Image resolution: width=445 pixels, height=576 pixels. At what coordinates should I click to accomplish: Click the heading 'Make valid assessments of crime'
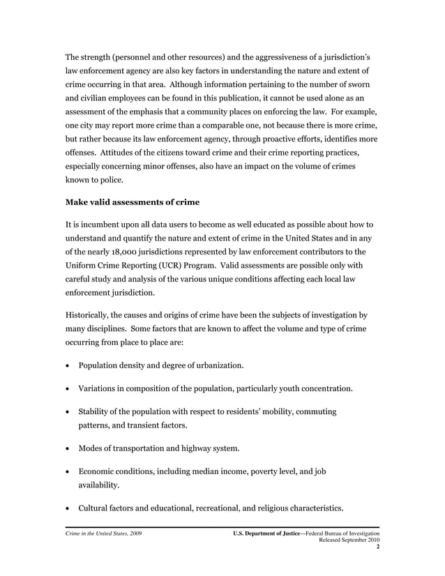(132, 202)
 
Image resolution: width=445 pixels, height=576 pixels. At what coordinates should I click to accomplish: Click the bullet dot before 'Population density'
(68, 365)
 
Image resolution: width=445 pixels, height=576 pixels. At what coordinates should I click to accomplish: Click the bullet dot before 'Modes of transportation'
(68, 449)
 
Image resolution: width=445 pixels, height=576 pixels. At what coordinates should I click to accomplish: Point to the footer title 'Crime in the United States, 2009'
(104, 533)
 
